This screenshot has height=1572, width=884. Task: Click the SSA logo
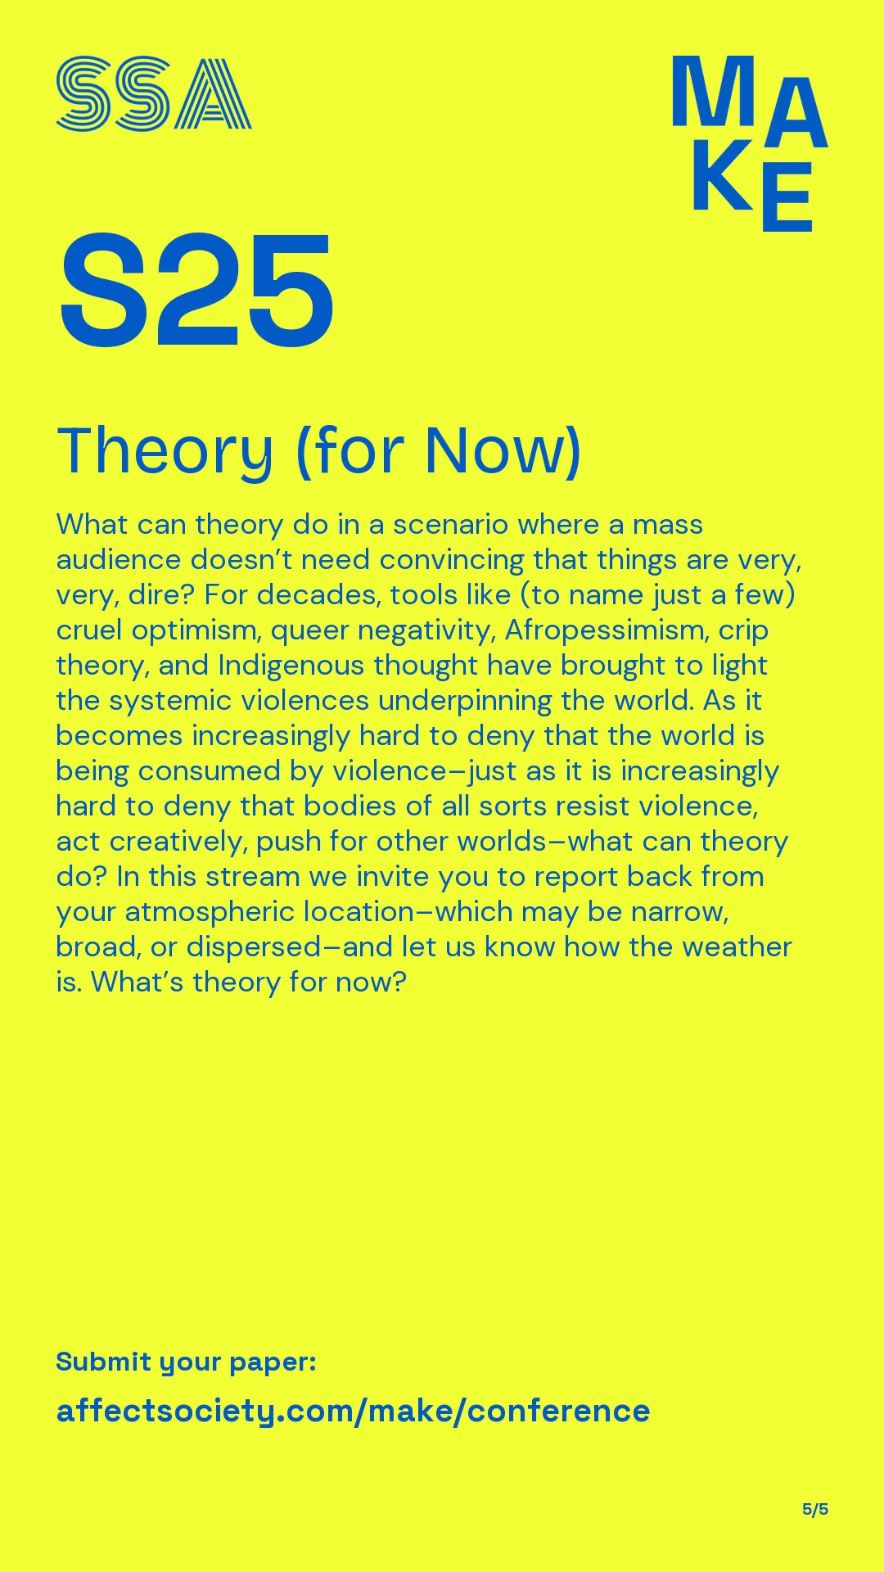pyautogui.click(x=154, y=93)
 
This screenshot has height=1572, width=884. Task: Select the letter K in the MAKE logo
pyautogui.click(x=722, y=175)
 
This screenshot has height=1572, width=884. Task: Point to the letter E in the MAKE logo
pyautogui.click(x=787, y=196)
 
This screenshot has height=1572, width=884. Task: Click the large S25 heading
pyautogui.click(x=196, y=291)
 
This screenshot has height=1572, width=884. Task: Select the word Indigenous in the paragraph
pyautogui.click(x=291, y=666)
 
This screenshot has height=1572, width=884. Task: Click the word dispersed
pyautogui.click(x=254, y=947)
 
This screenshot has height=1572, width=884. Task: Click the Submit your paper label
pyautogui.click(x=186, y=1362)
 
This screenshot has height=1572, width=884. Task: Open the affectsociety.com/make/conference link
pyautogui.click(x=353, y=1411)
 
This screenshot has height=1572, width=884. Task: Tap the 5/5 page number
pyautogui.click(x=815, y=1509)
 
